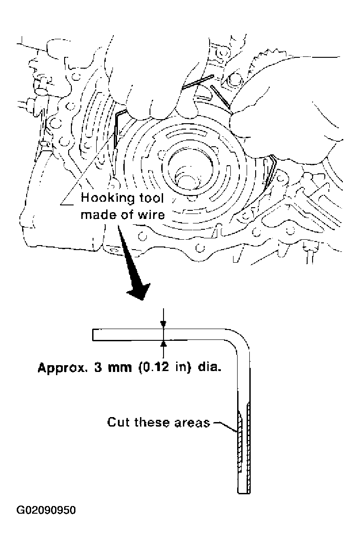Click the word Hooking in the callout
[101, 198]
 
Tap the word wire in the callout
[153, 214]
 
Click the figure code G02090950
[47, 511]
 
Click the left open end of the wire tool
[93, 335]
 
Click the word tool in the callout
[151, 198]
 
